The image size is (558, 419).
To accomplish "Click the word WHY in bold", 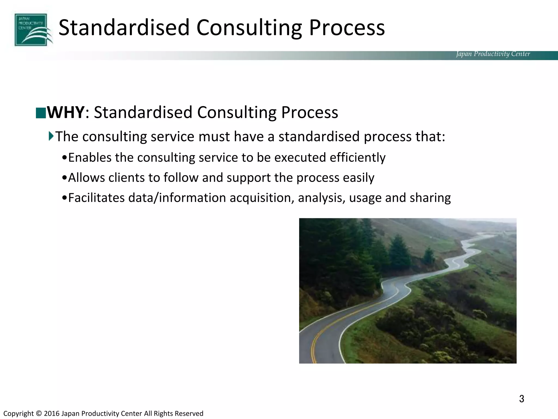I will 65,112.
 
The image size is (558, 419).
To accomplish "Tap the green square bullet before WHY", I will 41,113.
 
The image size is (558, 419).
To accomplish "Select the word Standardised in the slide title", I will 124,28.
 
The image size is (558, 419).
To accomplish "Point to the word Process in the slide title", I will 347,28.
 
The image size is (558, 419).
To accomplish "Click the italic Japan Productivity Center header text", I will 493,54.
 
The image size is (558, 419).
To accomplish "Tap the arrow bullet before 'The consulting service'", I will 51,136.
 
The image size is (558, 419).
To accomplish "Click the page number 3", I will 521,399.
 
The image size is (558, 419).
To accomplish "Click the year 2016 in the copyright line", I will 51,414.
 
